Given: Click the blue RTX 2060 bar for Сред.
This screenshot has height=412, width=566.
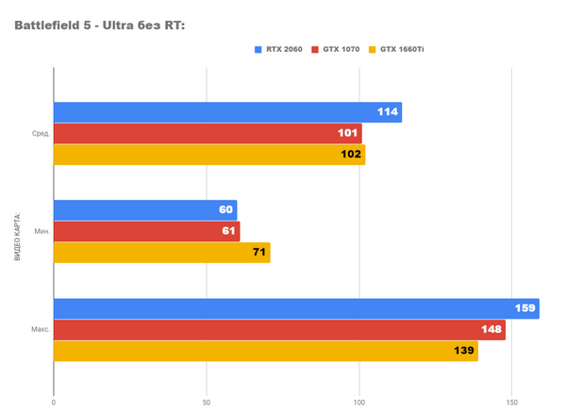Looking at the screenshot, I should coord(226,112).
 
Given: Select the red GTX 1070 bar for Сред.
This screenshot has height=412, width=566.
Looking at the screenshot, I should coord(208,134).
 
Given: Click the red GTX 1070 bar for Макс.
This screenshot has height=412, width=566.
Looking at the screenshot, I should coord(278,330).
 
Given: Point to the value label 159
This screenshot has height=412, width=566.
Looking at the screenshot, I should coord(525,308).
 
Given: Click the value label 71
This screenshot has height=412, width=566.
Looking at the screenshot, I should coord(258,253).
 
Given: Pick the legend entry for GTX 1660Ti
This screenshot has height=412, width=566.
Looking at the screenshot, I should coord(403,49).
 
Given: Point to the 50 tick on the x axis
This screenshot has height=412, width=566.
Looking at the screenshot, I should coord(207,404).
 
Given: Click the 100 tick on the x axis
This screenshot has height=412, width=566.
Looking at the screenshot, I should coord(359,404).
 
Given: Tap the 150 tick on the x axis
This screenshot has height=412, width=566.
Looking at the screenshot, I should coord(512,404).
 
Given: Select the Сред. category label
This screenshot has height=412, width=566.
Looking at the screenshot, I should coord(41,134).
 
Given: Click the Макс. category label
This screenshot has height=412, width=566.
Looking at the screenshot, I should coord(40,330).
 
